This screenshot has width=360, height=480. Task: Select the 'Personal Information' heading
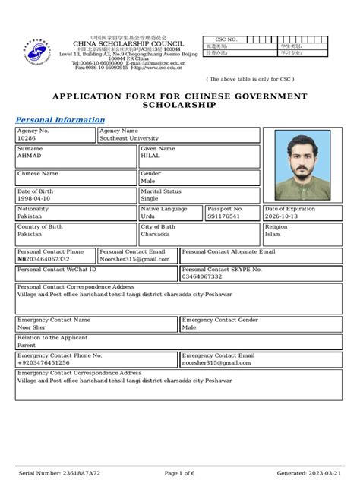[60, 120]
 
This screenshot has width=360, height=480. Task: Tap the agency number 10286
[26, 139]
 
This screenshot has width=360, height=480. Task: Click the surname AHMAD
[30, 156]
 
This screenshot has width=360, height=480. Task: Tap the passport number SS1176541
[223, 216]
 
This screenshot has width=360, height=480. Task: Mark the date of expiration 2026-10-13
[283, 216]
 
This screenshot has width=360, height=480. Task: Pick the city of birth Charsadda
[156, 235]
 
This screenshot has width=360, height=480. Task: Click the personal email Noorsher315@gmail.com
[134, 259]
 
